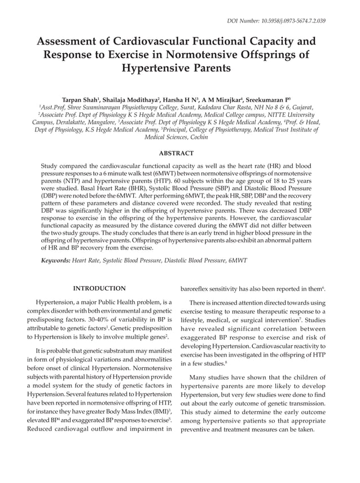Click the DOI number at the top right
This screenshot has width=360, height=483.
276,21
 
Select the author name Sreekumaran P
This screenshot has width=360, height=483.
270,98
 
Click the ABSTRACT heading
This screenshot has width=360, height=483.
176,153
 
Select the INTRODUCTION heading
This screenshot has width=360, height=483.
100,288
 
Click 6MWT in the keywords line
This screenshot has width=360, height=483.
236,260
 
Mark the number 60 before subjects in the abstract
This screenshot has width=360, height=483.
121,183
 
